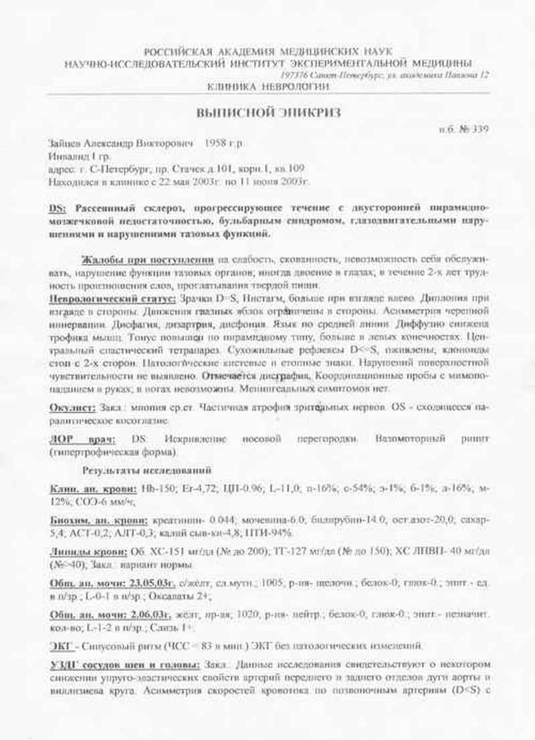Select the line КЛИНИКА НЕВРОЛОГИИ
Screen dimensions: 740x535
(267, 87)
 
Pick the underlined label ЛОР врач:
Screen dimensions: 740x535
(82, 439)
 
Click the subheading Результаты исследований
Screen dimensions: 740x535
(147, 470)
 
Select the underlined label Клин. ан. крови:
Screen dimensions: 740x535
(92, 488)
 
